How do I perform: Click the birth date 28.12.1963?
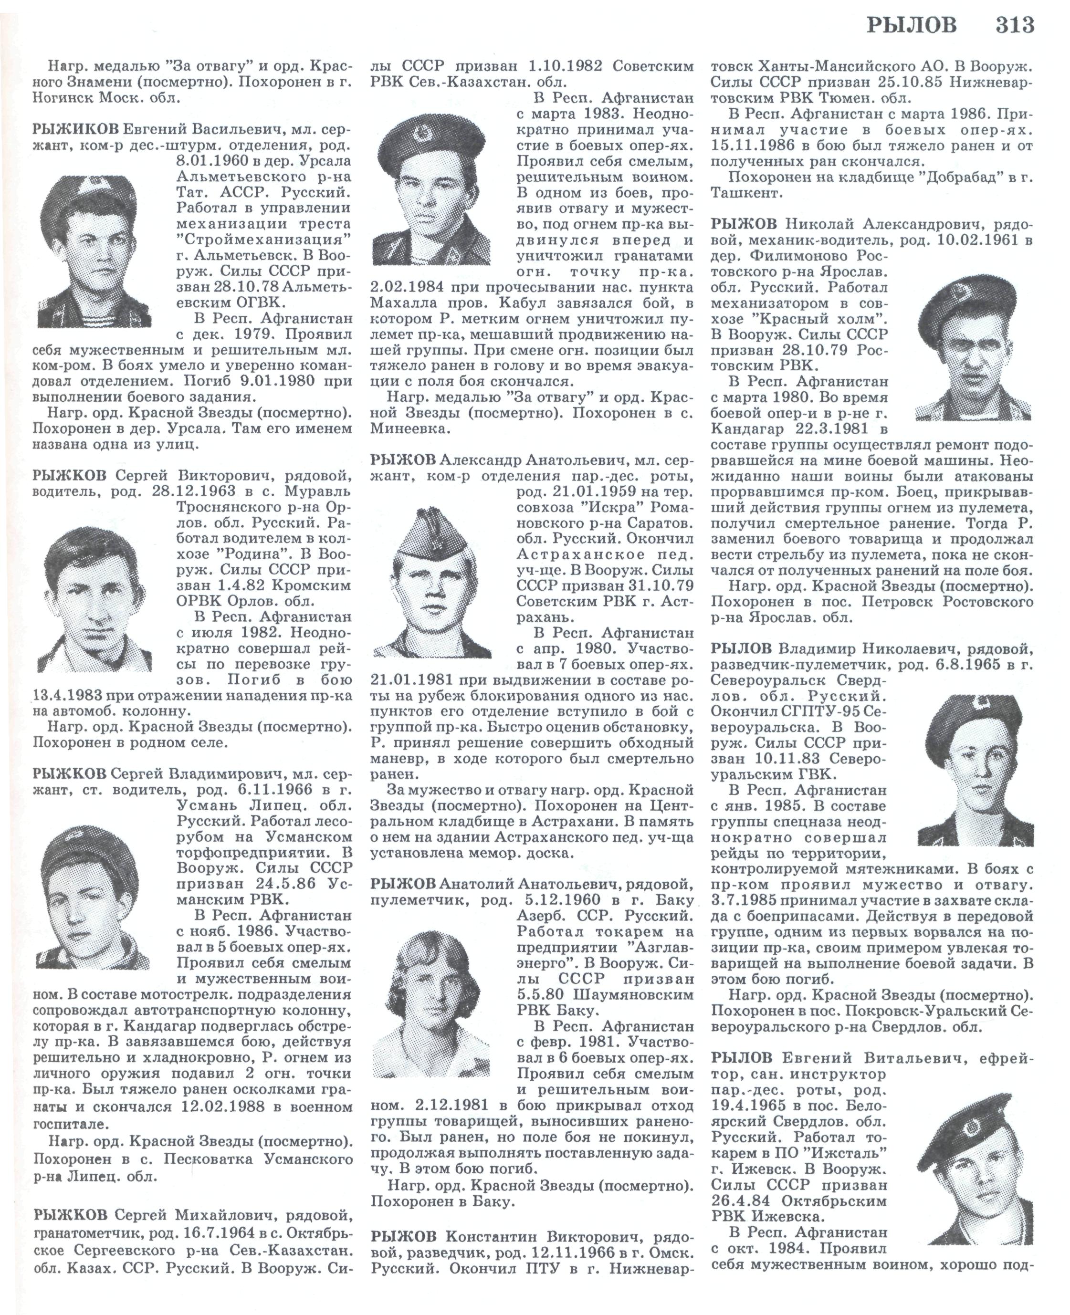pos(188,491)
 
